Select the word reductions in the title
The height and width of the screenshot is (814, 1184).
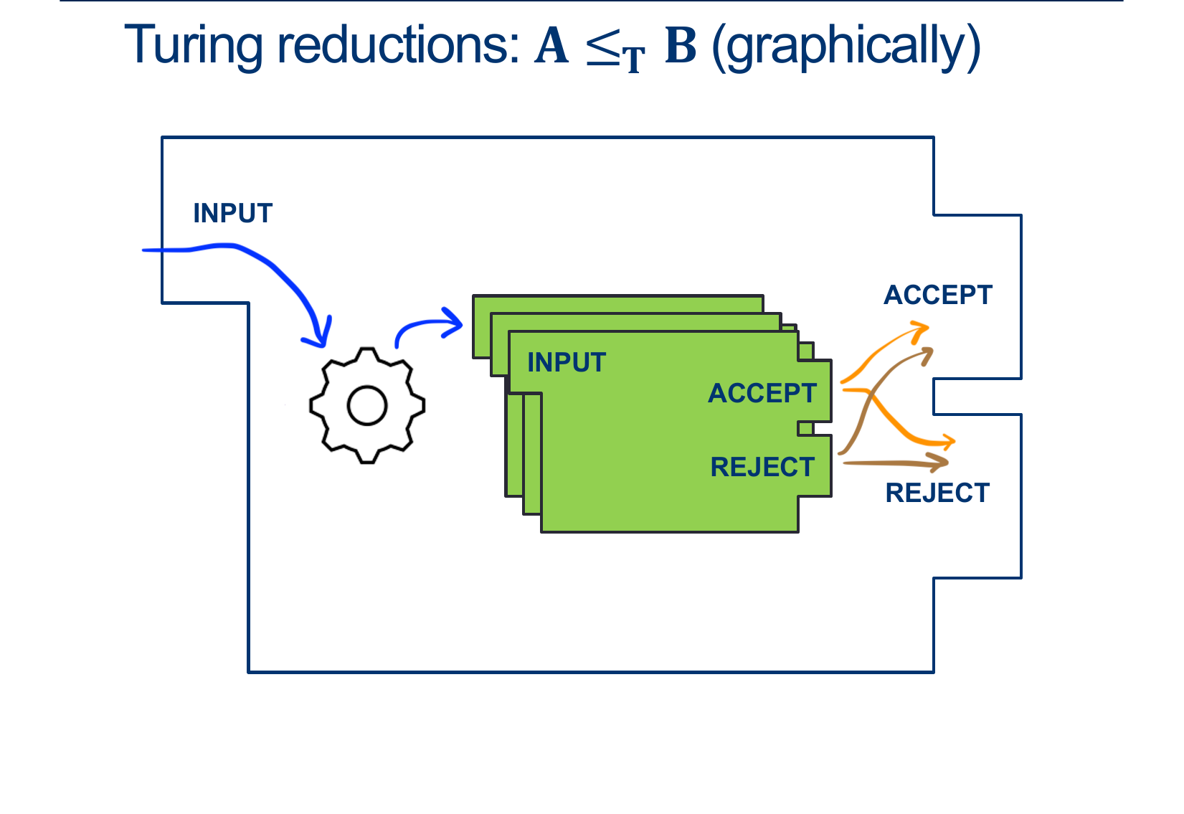[398, 45]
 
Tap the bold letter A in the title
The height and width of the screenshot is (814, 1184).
[551, 45]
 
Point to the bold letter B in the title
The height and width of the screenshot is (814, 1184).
[681, 45]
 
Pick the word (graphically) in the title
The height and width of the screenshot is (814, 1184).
[846, 47]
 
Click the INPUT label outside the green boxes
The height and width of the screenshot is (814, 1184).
[233, 213]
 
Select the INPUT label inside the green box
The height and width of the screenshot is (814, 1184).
[567, 362]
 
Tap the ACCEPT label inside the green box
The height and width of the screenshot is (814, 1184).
[762, 393]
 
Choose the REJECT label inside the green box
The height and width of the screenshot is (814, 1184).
[762, 467]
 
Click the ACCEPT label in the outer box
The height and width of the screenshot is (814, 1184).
[938, 295]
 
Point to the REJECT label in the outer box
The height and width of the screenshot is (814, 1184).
[937, 493]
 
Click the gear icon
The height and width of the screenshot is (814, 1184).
[367, 406]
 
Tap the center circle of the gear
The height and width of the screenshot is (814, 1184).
[367, 406]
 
